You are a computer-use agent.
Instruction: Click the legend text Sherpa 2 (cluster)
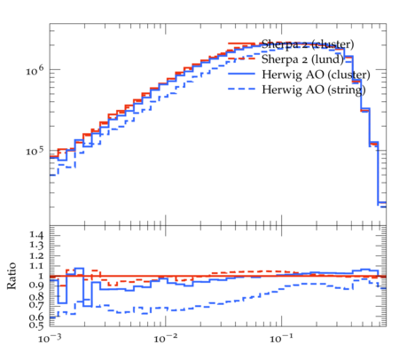click(308, 44)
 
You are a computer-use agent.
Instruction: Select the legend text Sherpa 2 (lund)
click(302, 59)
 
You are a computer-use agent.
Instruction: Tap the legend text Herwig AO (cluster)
click(316, 74)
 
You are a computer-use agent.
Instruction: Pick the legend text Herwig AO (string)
click(314, 90)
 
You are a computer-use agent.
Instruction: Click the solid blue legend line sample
click(241, 74)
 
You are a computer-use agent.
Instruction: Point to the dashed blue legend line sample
click(241, 89)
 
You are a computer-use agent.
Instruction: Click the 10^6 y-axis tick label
click(35, 70)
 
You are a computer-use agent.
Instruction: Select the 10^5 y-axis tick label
click(35, 151)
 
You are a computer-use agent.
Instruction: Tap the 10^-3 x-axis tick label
click(49, 338)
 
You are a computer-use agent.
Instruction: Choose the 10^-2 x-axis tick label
click(166, 338)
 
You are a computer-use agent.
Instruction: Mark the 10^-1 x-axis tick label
click(281, 338)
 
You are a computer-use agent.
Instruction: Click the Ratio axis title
click(12, 276)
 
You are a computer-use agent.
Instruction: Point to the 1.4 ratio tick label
click(36, 235)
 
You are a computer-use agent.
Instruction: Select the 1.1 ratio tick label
click(36, 266)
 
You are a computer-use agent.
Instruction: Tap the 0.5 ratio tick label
click(36, 325)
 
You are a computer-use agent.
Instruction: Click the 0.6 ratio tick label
click(36, 317)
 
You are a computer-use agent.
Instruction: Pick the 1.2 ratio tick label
click(36, 255)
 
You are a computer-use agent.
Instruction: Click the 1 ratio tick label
click(42, 276)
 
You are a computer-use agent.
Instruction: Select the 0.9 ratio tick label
click(36, 286)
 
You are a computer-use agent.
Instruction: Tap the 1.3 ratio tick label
click(36, 246)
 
